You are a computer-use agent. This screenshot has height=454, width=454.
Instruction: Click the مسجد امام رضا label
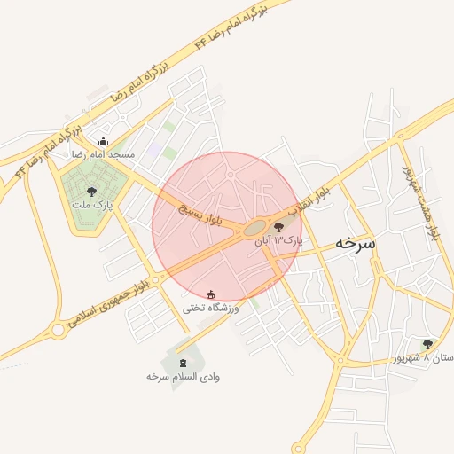105,154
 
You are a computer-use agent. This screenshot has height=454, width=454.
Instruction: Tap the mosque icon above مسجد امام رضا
104,141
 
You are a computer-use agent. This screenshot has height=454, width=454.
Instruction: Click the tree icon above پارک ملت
91,190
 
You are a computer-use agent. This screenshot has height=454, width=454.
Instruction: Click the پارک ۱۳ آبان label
278,240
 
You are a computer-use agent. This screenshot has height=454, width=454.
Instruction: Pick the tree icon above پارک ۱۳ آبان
280,227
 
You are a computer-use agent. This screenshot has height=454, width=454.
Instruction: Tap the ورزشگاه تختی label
211,308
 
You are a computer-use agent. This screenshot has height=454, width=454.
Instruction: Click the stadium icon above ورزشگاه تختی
210,294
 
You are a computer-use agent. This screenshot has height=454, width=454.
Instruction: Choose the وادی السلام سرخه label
184,377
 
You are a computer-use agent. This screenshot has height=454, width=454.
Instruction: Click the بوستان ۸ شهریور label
425,357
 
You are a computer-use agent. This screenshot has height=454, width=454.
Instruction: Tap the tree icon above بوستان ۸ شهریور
427,344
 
